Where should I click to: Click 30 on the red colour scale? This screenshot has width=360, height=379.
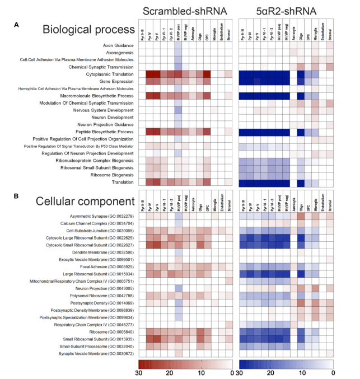tap(139, 372)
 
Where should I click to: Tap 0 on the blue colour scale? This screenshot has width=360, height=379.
tap(333, 372)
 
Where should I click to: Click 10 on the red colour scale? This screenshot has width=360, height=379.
tap(201, 372)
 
